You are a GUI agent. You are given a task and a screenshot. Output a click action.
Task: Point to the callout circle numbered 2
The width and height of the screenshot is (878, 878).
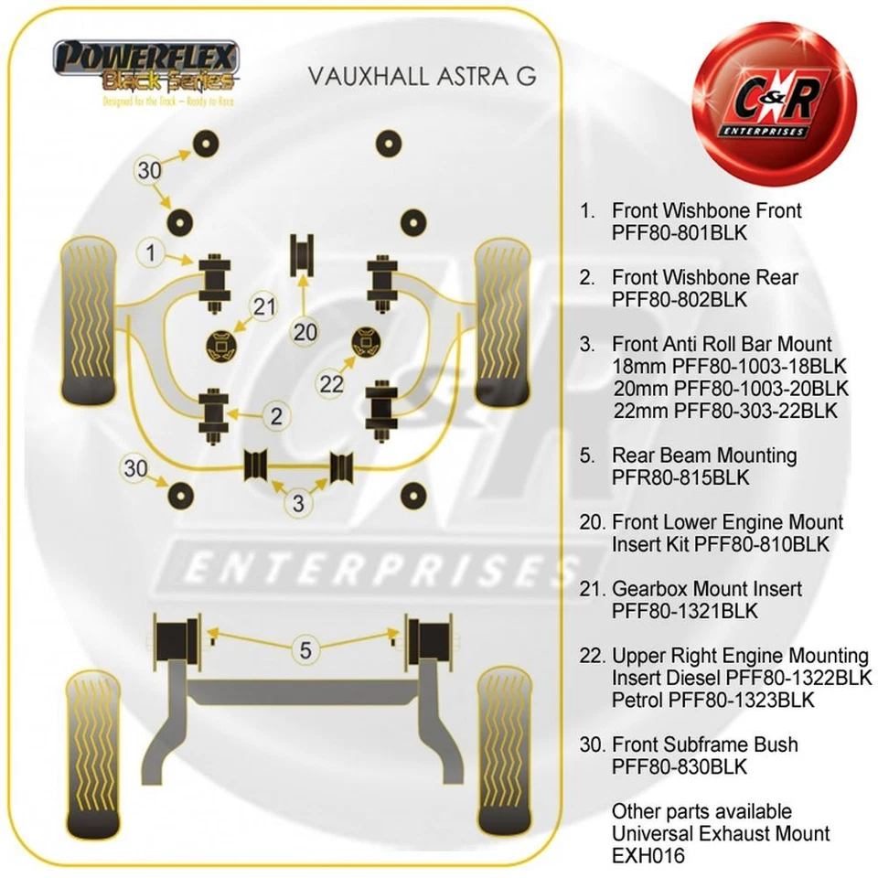[276, 416]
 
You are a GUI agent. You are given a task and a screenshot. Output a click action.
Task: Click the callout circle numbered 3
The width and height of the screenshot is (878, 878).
[299, 501]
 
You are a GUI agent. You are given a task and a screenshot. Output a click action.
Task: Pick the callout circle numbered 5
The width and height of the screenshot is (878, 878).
[305, 650]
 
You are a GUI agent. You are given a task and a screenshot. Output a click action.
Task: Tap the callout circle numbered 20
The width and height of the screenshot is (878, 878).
[305, 331]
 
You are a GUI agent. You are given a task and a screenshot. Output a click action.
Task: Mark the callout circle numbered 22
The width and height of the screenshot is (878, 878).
[331, 384]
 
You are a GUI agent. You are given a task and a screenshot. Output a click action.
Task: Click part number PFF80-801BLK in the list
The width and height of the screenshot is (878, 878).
[680, 232]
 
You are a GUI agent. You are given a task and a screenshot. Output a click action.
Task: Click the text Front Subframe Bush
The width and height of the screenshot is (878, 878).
[704, 744]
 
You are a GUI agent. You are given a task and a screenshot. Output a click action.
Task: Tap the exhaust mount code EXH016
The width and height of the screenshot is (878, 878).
[648, 856]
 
